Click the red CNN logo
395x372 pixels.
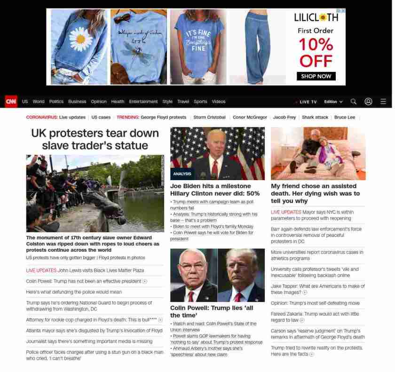[x=11, y=102]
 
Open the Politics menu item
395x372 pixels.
[x=56, y=102]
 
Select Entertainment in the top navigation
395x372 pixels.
[x=143, y=102]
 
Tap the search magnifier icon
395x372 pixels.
[x=354, y=102]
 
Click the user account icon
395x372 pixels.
[x=368, y=102]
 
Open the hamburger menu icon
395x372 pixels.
[x=383, y=102]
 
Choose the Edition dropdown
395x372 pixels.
[x=333, y=102]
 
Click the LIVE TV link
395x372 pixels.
[x=308, y=102]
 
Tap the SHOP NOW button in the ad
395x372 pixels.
[x=316, y=76]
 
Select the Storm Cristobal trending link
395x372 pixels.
[x=209, y=117]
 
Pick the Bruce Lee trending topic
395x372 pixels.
[x=345, y=117]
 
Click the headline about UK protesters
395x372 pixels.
[x=95, y=139]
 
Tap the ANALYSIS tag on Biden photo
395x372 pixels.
[x=182, y=174]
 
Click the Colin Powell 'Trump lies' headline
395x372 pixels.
[x=211, y=311]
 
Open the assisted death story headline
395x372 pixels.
[x=315, y=193]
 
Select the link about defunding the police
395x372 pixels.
[x=74, y=292]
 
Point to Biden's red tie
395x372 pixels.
[x=215, y=168]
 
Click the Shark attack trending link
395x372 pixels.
[x=315, y=117]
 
